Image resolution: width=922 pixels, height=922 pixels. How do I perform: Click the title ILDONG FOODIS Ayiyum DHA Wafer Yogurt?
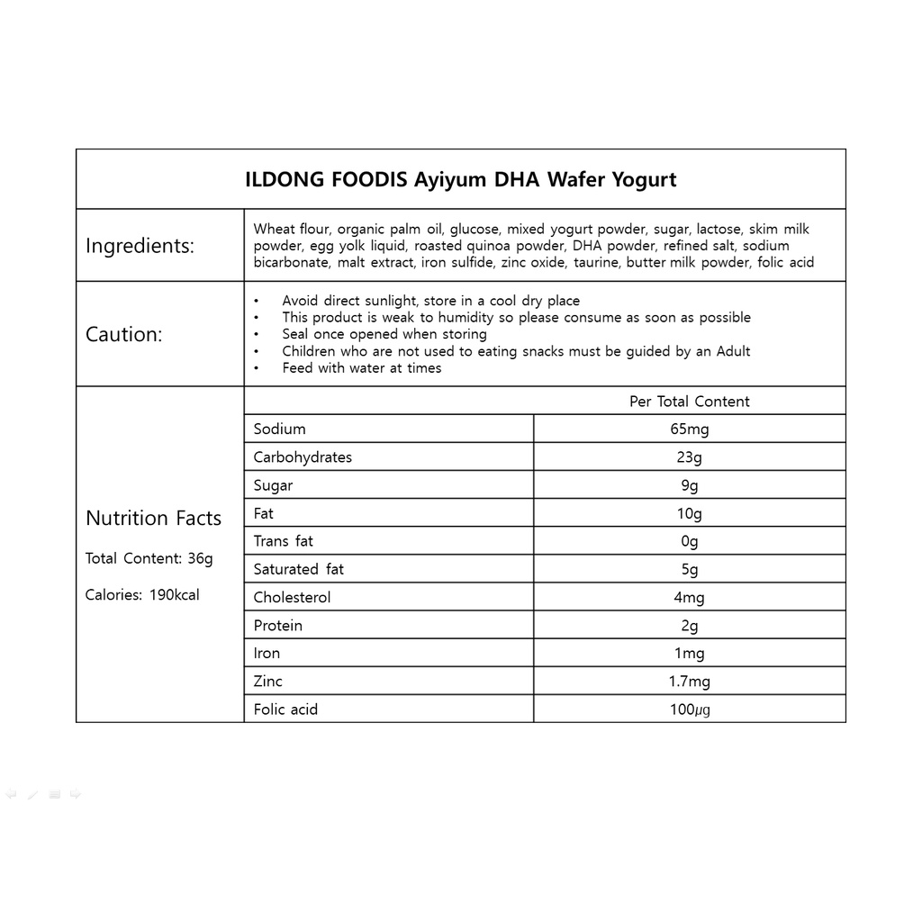click(460, 179)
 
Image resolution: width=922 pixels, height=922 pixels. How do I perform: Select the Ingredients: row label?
click(140, 246)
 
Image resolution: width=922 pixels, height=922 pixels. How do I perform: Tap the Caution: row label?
click(124, 334)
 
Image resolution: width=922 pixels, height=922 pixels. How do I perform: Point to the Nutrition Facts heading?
click(153, 518)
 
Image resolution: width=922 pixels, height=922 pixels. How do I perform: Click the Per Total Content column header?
click(689, 402)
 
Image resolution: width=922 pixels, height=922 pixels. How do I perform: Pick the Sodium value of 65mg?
click(689, 429)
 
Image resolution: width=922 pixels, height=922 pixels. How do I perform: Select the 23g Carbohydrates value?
click(689, 457)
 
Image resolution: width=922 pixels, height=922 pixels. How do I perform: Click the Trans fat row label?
click(284, 541)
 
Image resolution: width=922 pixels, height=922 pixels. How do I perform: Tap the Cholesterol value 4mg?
click(689, 598)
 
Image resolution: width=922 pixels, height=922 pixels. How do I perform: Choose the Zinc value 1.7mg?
click(689, 682)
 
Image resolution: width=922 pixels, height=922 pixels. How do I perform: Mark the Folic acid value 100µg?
click(689, 710)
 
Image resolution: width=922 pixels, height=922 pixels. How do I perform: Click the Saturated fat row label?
click(299, 569)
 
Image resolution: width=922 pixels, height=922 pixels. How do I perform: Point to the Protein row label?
click(278, 626)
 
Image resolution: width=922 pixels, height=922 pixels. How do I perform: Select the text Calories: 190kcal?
click(142, 594)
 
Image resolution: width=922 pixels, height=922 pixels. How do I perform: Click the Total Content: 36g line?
click(149, 558)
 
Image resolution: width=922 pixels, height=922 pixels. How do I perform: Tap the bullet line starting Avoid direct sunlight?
click(430, 301)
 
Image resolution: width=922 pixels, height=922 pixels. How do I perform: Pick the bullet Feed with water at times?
click(361, 367)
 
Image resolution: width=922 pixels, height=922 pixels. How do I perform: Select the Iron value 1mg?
click(689, 654)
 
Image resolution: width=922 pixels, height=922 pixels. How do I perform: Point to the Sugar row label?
click(273, 485)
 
